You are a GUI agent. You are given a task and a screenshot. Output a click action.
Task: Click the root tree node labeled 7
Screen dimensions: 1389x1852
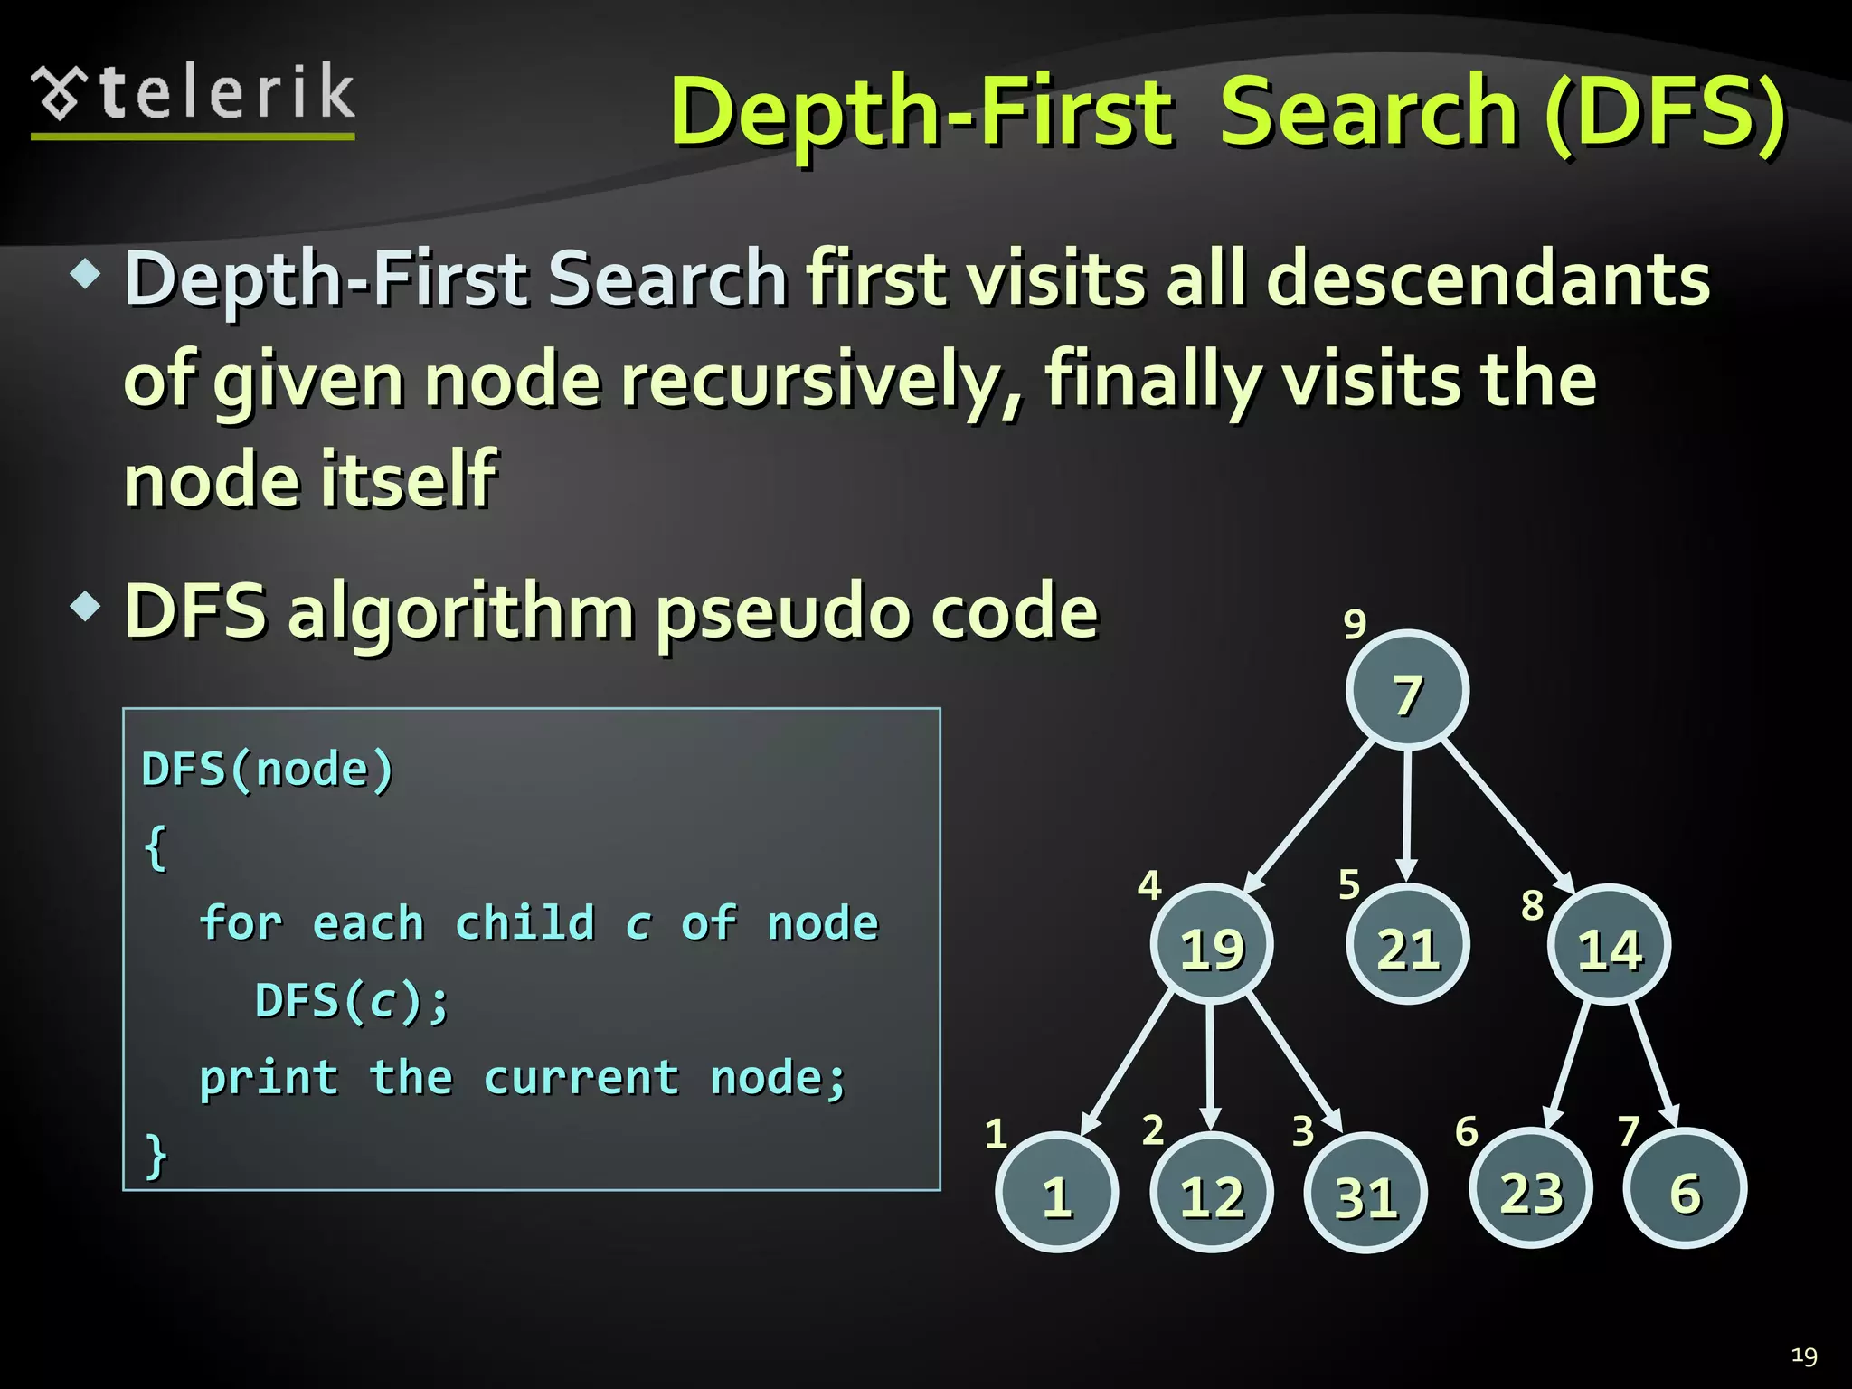pyautogui.click(x=1407, y=691)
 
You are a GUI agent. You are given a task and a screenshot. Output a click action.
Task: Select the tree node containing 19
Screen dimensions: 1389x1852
pyautogui.click(x=1212, y=945)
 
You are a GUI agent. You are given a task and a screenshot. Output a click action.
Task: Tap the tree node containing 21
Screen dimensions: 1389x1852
pyautogui.click(x=1407, y=945)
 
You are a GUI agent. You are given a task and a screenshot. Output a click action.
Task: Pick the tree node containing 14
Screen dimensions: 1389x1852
pyautogui.click(x=1609, y=946)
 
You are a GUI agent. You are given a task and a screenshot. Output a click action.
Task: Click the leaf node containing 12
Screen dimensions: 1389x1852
pyautogui.click(x=1212, y=1193)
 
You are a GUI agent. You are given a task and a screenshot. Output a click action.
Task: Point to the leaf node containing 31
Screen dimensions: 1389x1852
pyautogui.click(x=1365, y=1194)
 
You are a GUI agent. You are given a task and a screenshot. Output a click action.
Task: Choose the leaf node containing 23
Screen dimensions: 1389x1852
pyautogui.click(x=1531, y=1189)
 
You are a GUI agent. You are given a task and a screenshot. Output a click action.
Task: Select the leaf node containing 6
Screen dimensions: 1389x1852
pyautogui.click(x=1685, y=1189)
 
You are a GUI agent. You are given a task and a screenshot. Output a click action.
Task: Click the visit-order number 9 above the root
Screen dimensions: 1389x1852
pyautogui.click(x=1354, y=623)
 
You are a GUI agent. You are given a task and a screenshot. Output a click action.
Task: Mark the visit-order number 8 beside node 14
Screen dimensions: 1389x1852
pyautogui.click(x=1532, y=904)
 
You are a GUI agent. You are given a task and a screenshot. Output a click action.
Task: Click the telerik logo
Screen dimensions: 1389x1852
pyautogui.click(x=194, y=98)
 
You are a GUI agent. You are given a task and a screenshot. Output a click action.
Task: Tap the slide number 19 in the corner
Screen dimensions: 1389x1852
pyautogui.click(x=1804, y=1356)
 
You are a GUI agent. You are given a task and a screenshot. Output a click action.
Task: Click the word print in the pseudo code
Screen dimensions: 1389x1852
pyautogui.click(x=269, y=1078)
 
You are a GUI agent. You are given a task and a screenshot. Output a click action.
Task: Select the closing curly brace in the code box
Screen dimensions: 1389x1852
pyautogui.click(x=156, y=1155)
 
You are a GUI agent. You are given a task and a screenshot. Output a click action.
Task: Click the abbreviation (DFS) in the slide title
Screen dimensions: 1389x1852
pyautogui.click(x=1664, y=112)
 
